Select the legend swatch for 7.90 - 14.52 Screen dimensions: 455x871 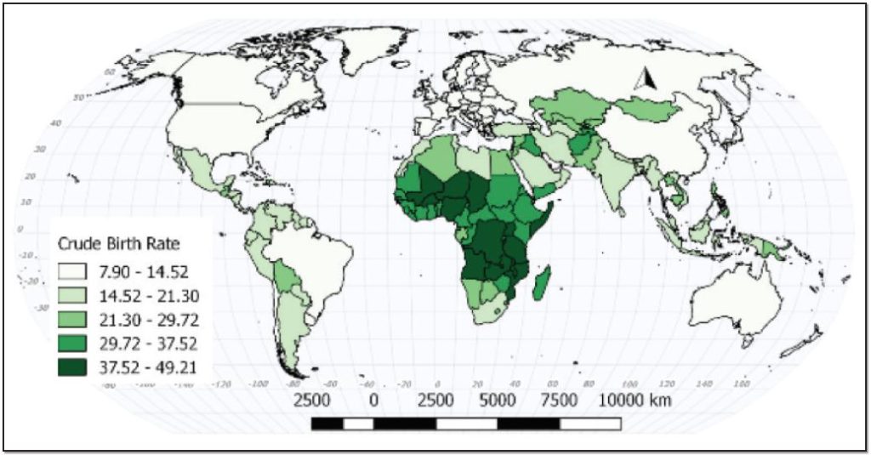[x=73, y=271]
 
